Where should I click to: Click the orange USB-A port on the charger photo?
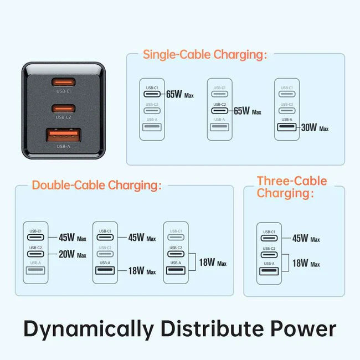64,135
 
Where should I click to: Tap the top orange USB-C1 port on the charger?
64,83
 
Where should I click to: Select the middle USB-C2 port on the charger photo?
64,107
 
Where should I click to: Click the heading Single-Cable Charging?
205,54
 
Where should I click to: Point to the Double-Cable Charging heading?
97,185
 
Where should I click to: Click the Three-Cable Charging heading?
292,187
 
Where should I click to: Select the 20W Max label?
73,255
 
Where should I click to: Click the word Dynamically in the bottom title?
89,329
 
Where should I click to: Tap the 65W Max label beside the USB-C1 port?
181,95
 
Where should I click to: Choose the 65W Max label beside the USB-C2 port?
247,111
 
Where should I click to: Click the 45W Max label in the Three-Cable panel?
306,239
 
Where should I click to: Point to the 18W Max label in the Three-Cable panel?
306,264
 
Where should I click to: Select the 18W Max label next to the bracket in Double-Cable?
213,263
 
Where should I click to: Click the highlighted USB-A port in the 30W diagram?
286,128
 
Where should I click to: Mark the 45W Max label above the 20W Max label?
73,238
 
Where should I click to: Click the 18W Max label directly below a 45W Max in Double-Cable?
142,271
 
